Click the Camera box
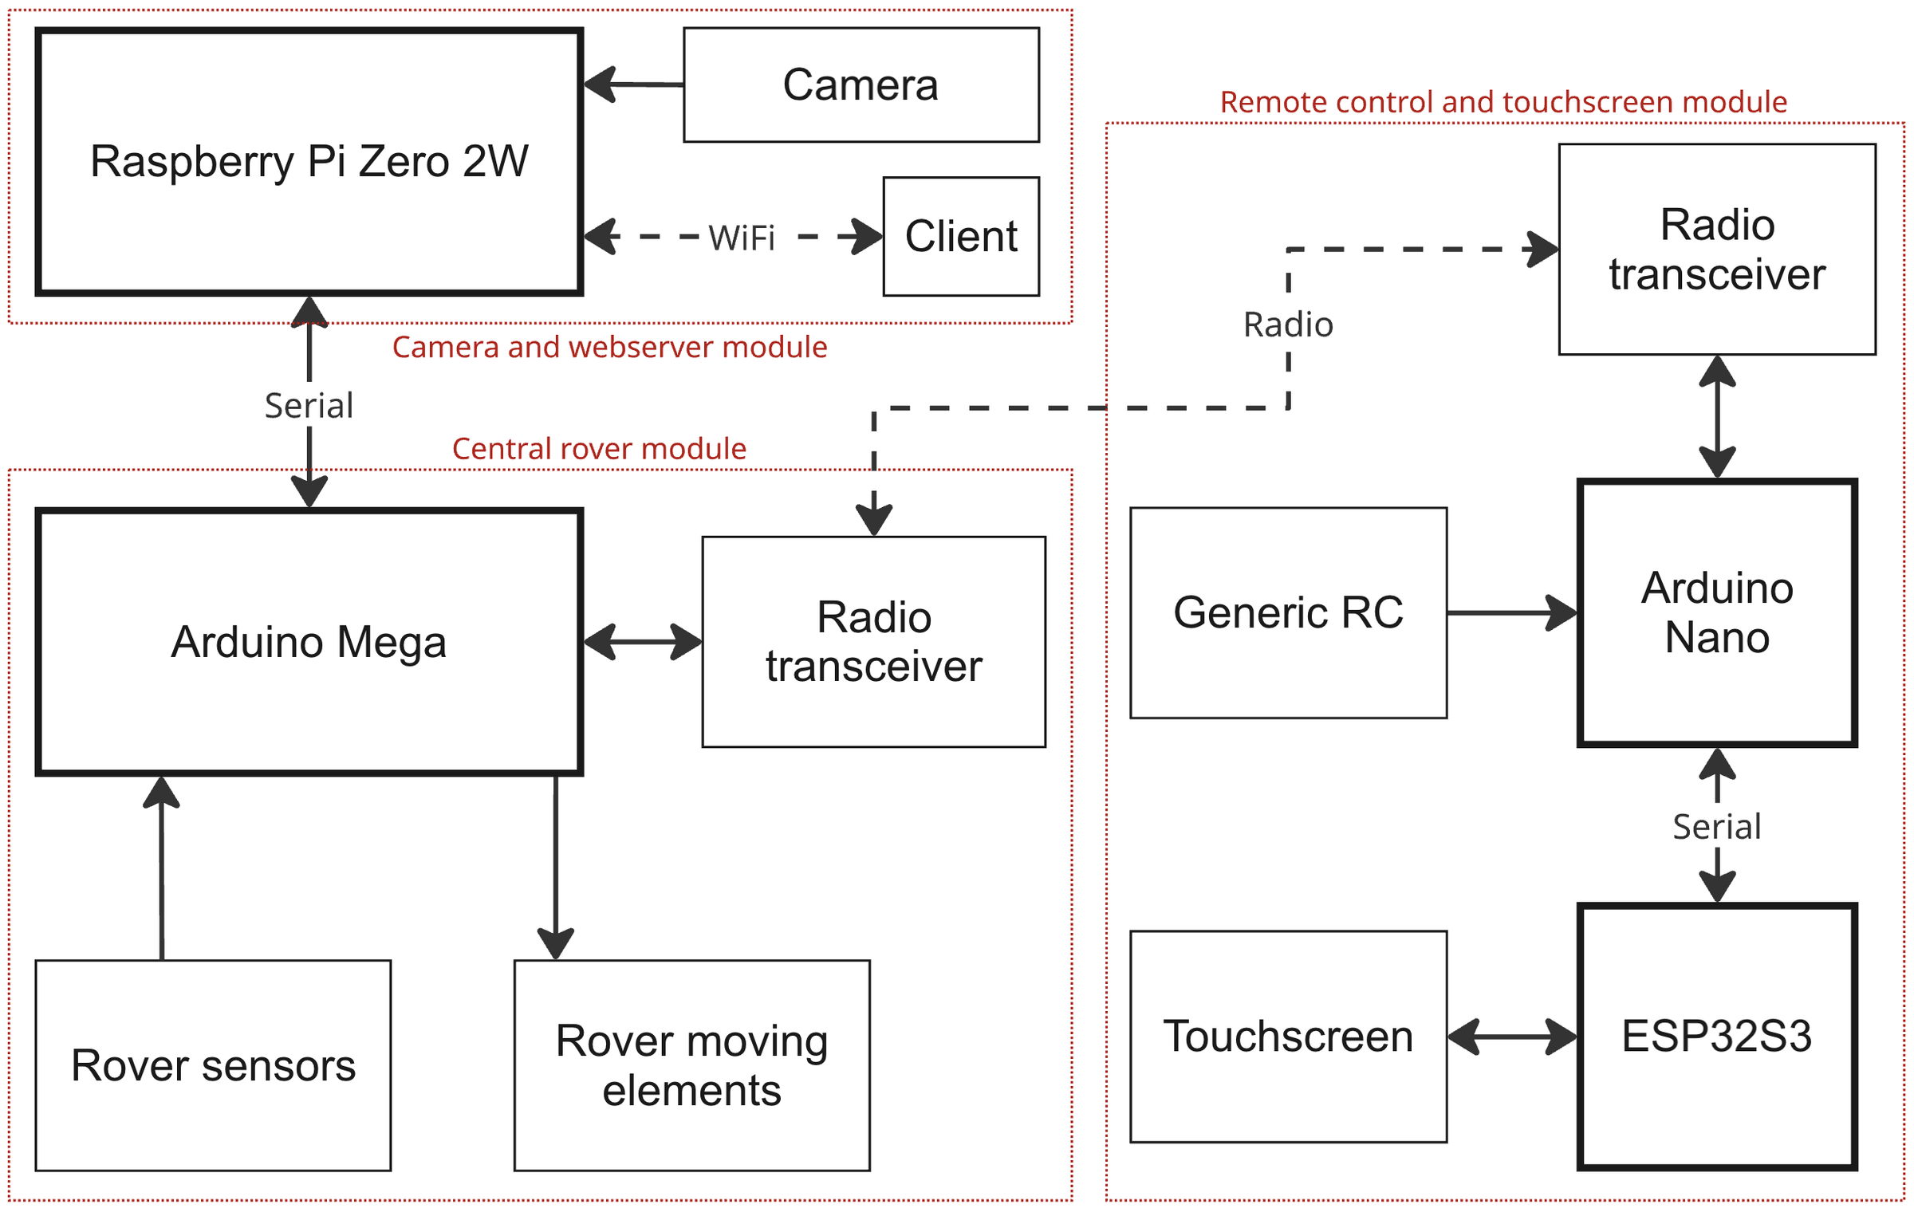[861, 85]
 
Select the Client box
[961, 236]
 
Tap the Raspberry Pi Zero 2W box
[309, 162]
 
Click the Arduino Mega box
[309, 641]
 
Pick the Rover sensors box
[213, 1065]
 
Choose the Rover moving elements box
[691, 1065]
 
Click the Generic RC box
[1288, 612]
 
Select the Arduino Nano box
[1717, 612]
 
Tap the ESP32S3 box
[1717, 1036]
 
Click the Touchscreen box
[1288, 1036]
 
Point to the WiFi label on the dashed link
[742, 238]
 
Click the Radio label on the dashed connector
[1288, 325]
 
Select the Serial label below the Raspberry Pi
[309, 406]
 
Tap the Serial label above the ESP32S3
[1717, 827]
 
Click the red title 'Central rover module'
[599, 449]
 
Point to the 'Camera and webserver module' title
[609, 347]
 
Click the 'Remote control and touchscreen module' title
[1503, 102]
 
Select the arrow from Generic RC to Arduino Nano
[1512, 612]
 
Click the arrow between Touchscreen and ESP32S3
[1512, 1037]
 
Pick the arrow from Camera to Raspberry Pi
[633, 84]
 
